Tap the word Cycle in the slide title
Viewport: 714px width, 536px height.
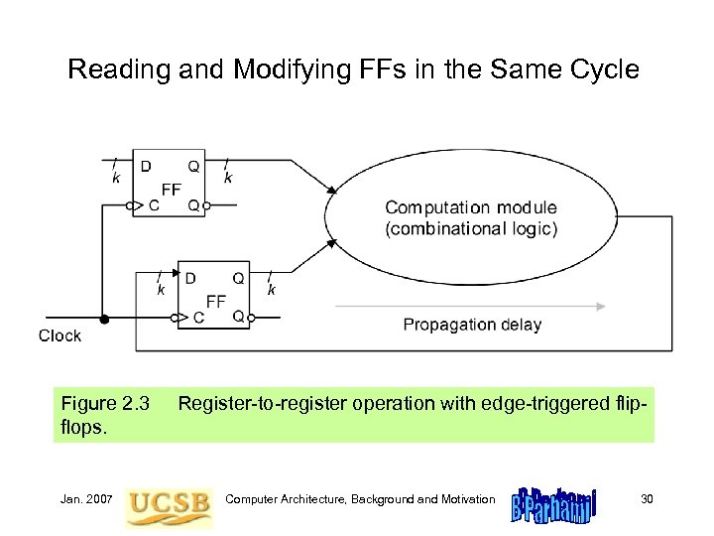click(x=602, y=69)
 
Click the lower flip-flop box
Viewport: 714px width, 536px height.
click(x=213, y=296)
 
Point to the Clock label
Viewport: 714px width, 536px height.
click(x=59, y=335)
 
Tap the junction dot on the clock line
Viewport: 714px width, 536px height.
click(x=104, y=319)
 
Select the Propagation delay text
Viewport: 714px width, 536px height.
click(x=472, y=325)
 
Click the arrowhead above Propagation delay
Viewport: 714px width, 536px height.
click(x=602, y=306)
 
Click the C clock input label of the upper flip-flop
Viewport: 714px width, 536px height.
click(x=153, y=205)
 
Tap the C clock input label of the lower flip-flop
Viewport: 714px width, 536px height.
click(x=198, y=317)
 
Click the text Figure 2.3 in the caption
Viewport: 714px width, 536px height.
click(x=105, y=403)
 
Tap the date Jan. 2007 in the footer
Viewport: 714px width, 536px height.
click(x=87, y=498)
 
